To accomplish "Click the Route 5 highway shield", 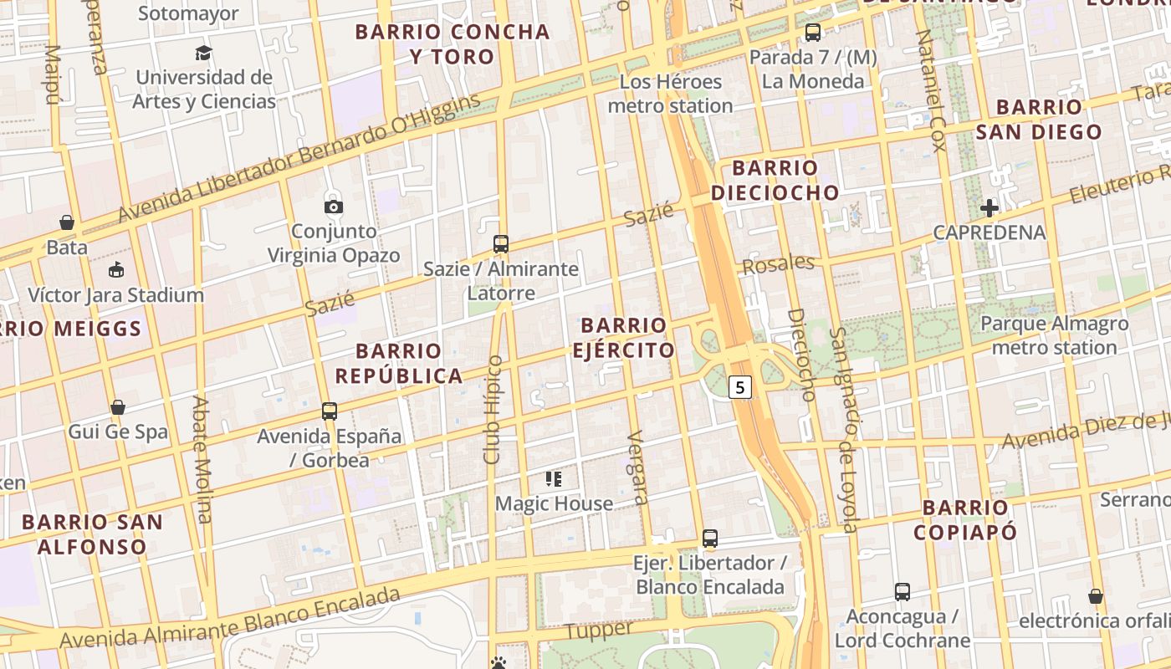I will click(x=741, y=387).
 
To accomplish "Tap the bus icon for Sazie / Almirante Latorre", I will click(x=501, y=244).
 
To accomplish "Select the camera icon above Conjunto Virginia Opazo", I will click(x=334, y=207).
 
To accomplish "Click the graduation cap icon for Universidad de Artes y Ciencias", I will click(x=203, y=54).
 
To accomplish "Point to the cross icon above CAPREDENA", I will click(x=989, y=208).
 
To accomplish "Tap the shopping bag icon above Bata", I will click(x=67, y=222).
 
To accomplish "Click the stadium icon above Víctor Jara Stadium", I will click(x=115, y=270).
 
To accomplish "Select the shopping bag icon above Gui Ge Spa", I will click(x=118, y=407).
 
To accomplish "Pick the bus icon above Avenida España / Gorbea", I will click(x=330, y=411).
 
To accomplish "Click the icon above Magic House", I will click(x=554, y=479).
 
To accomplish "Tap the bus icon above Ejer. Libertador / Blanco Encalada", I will click(x=710, y=539).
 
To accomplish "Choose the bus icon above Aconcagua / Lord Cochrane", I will click(x=903, y=592).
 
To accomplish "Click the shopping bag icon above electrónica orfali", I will click(x=1095, y=596).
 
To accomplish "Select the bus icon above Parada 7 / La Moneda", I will click(x=812, y=33).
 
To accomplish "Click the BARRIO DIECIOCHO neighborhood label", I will click(x=775, y=180).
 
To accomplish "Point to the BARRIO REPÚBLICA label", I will click(x=399, y=363).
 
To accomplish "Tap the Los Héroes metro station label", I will click(x=670, y=94).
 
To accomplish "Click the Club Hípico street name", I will click(x=493, y=410).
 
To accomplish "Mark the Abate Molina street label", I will click(x=202, y=459).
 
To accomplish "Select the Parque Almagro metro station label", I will click(x=1054, y=335).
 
